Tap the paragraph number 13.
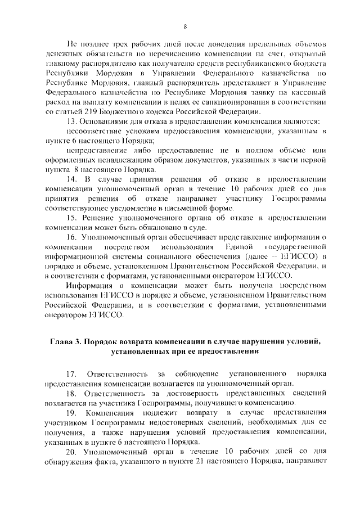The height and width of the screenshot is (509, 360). tap(71, 121)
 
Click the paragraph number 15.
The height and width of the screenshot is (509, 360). tap(71, 218)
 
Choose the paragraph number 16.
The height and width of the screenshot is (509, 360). tap(71, 237)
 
